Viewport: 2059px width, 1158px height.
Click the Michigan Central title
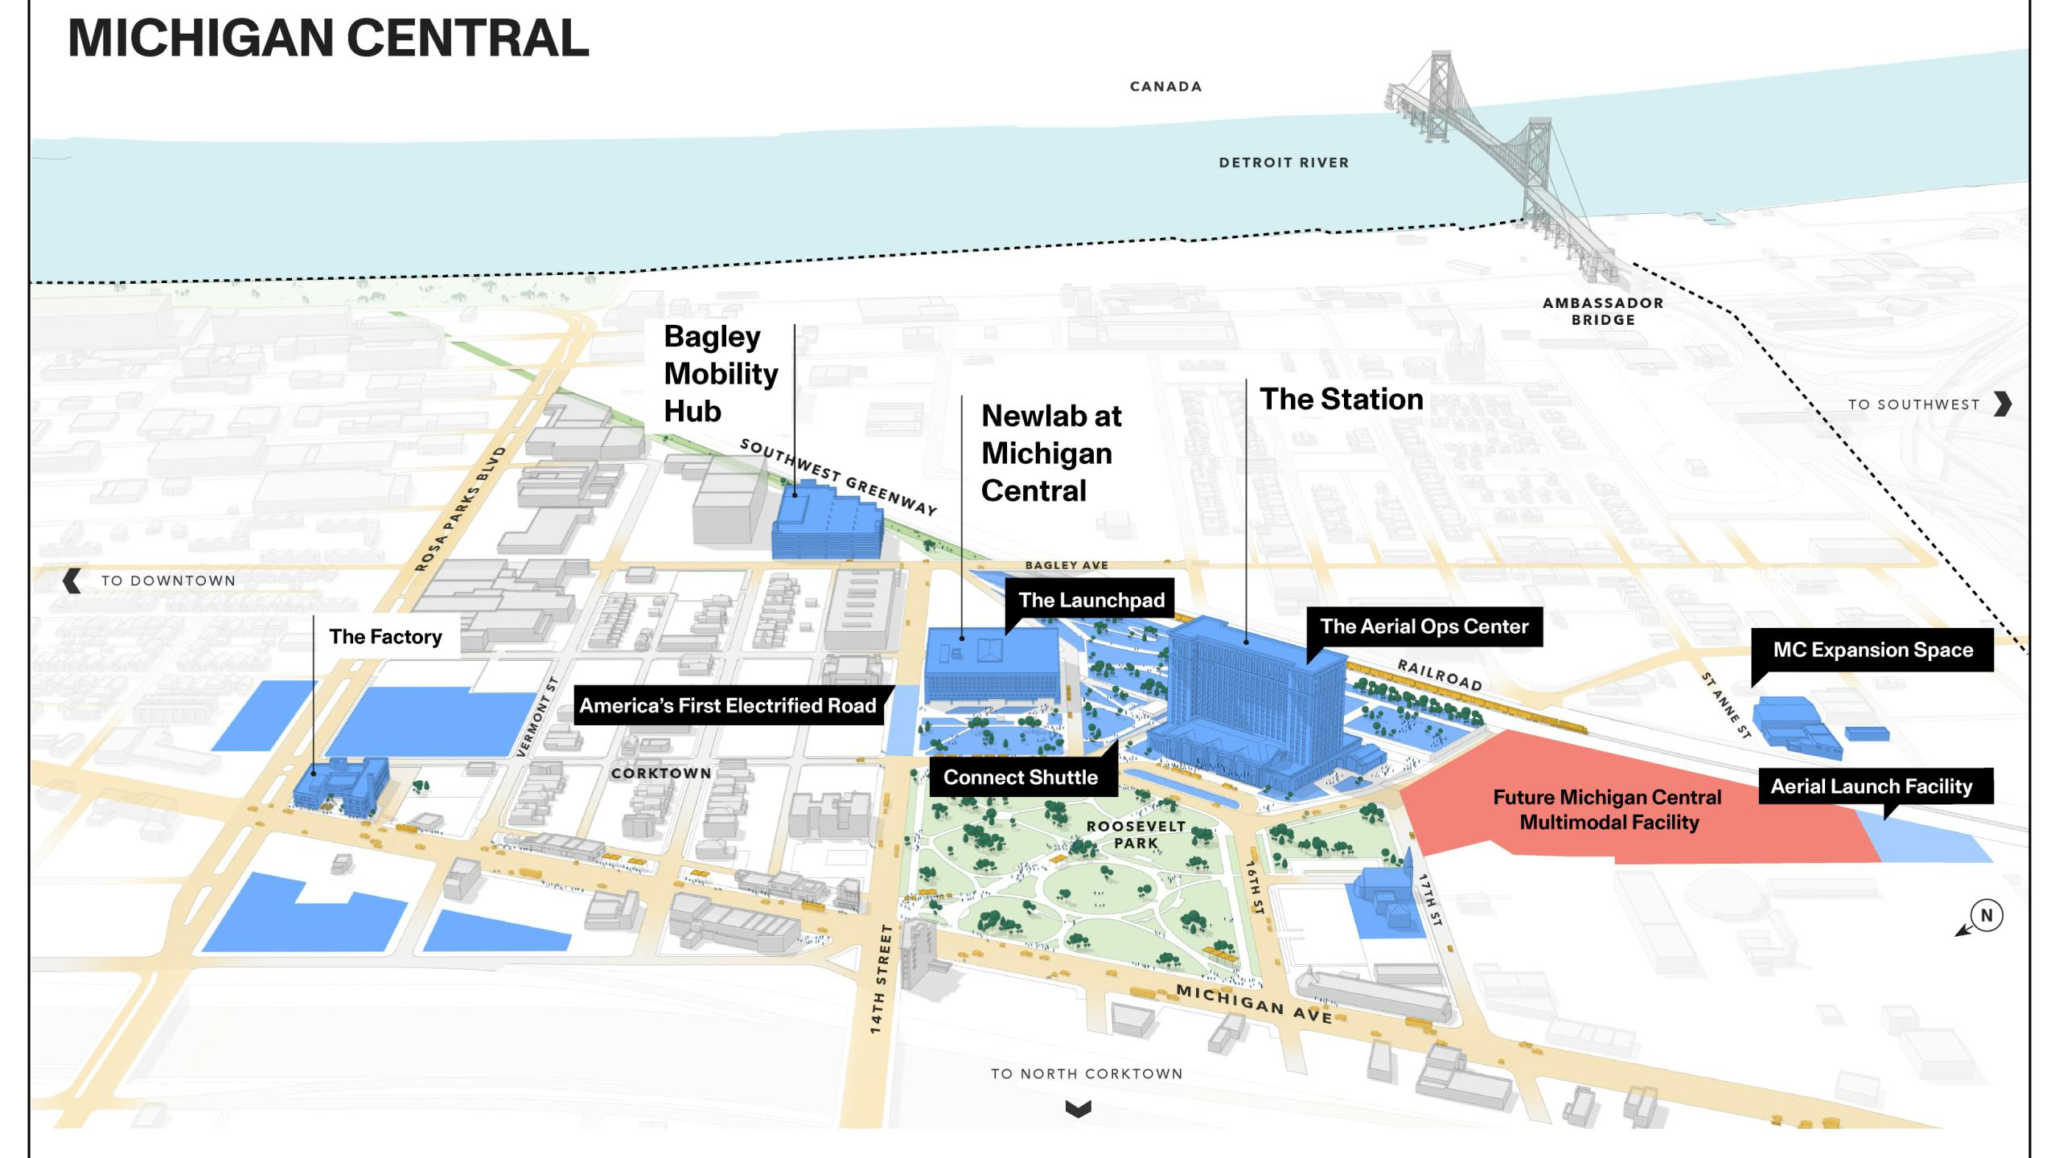(328, 38)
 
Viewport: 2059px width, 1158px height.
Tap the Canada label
(1165, 87)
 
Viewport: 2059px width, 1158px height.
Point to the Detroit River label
(1284, 162)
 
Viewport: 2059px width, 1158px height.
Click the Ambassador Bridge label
(1603, 311)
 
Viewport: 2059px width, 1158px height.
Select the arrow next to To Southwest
(2004, 404)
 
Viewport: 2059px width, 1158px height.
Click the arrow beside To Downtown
(72, 581)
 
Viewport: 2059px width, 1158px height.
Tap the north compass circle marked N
(1986, 915)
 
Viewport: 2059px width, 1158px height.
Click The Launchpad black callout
(1091, 600)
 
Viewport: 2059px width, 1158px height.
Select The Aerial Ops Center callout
(1424, 626)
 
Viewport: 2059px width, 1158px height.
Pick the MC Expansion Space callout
(1872, 650)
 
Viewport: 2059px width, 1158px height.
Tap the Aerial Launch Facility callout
(1871, 786)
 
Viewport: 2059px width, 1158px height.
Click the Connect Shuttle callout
(1020, 778)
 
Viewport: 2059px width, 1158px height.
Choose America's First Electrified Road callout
(728, 706)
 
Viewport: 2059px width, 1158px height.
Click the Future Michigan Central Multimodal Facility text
(1608, 810)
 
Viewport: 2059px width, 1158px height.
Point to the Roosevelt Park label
(1136, 835)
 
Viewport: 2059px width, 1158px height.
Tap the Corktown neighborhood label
(661, 774)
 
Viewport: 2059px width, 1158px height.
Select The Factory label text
(385, 637)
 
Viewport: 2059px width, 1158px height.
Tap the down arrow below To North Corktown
(1078, 1109)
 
